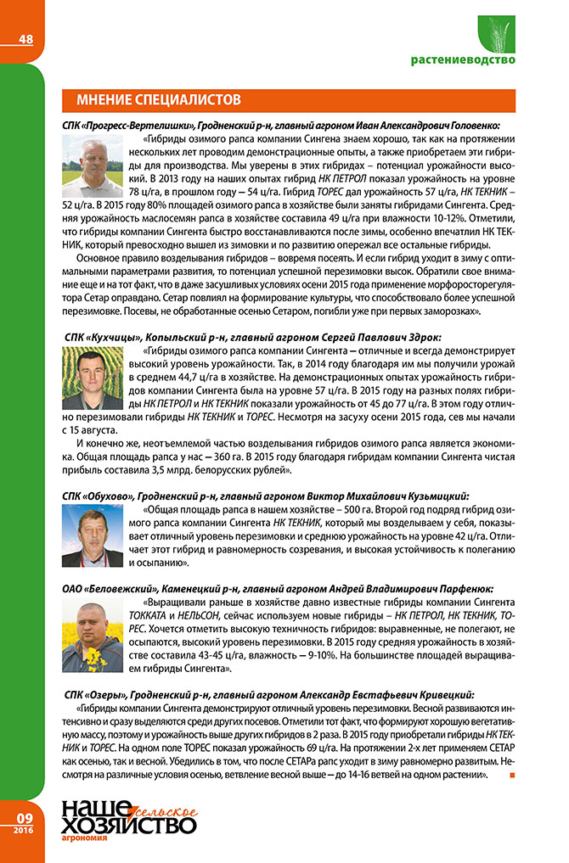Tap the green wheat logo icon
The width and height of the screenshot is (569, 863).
pos(503,33)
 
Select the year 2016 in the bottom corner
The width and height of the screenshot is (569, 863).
pos(24,829)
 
